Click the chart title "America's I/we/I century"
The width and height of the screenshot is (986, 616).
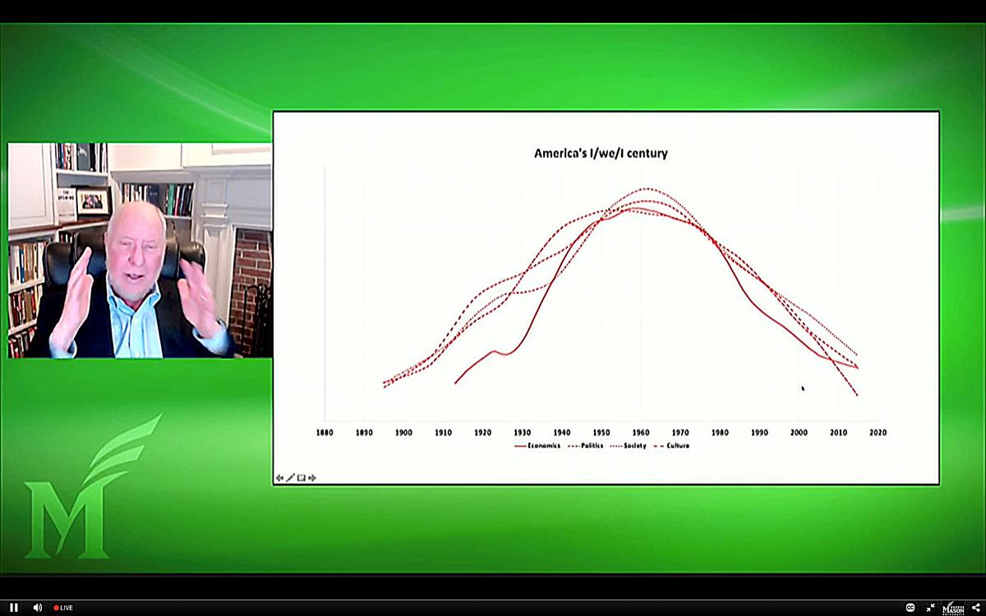click(601, 154)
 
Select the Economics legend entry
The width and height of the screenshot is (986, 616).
click(538, 446)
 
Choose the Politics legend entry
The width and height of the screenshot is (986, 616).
click(585, 446)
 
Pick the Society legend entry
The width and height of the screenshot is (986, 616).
click(629, 446)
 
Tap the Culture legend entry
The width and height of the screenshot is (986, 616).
click(671, 446)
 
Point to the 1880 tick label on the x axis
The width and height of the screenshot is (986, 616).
click(325, 432)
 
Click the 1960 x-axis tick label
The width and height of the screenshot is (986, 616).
click(641, 432)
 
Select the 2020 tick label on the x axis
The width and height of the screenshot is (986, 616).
click(878, 432)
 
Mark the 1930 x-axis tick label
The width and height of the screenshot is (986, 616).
click(522, 432)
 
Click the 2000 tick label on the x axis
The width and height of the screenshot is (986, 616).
click(799, 432)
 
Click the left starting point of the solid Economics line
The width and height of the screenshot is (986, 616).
click(455, 383)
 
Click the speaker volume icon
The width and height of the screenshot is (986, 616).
click(37, 608)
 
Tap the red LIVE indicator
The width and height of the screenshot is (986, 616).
click(63, 608)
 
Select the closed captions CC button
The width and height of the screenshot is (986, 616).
click(910, 608)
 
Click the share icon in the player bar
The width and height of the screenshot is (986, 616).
click(975, 608)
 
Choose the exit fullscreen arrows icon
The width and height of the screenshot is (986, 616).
click(931, 608)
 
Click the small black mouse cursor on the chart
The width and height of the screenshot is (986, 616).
click(803, 388)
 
